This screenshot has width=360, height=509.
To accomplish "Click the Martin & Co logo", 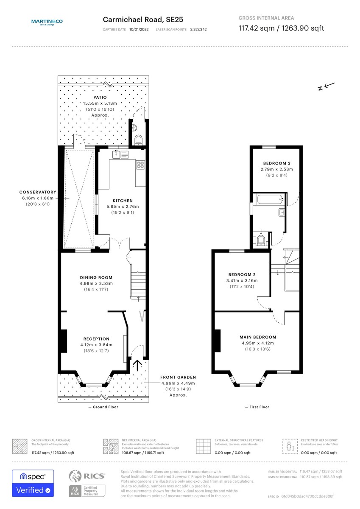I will click(47, 22).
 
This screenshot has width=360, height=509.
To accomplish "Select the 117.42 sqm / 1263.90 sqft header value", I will click(281, 28).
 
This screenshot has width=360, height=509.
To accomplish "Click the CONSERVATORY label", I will click(38, 192).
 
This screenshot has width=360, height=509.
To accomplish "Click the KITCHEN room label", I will click(123, 201).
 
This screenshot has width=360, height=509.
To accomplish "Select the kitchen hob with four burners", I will click(141, 164).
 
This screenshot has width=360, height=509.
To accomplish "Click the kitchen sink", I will click(120, 154).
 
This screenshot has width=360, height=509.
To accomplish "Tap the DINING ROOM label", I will click(96, 278).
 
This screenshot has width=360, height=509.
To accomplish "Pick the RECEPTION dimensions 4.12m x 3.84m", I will click(96, 345).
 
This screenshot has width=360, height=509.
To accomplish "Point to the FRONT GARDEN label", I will click(178, 377).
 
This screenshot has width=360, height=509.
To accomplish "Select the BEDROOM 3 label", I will click(276, 163).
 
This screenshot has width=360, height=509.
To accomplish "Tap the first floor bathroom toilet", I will click(261, 241).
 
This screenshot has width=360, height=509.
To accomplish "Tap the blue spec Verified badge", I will click(33, 483).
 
